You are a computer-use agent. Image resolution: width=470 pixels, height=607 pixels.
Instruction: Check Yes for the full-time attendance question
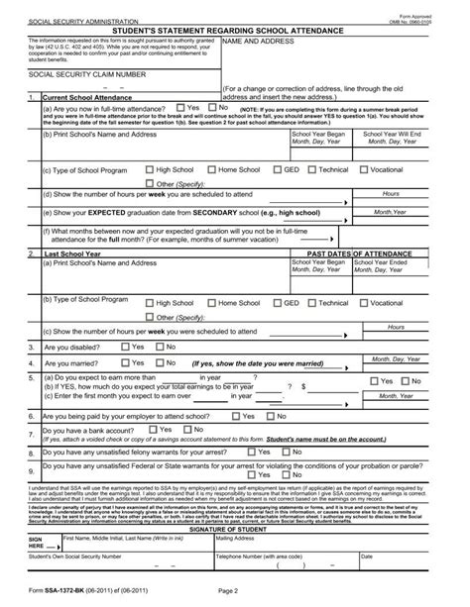[181, 107]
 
